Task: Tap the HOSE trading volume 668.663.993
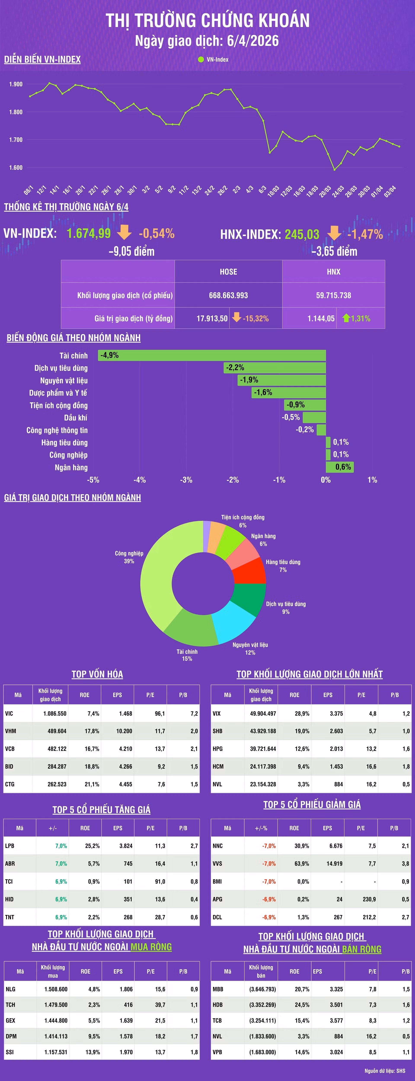pyautogui.click(x=228, y=295)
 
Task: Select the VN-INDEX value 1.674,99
pyautogui.click(x=89, y=233)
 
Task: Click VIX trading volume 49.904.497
pyautogui.click(x=263, y=713)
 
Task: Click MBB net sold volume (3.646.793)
pyautogui.click(x=263, y=989)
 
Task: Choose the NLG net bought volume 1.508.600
pyautogui.click(x=56, y=989)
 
